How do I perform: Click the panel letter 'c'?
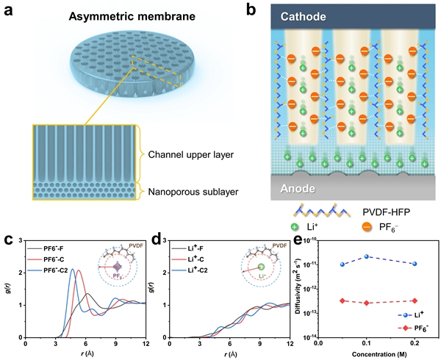(7, 240)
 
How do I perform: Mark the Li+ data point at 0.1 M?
(366, 257)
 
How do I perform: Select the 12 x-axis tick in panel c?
(146, 342)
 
